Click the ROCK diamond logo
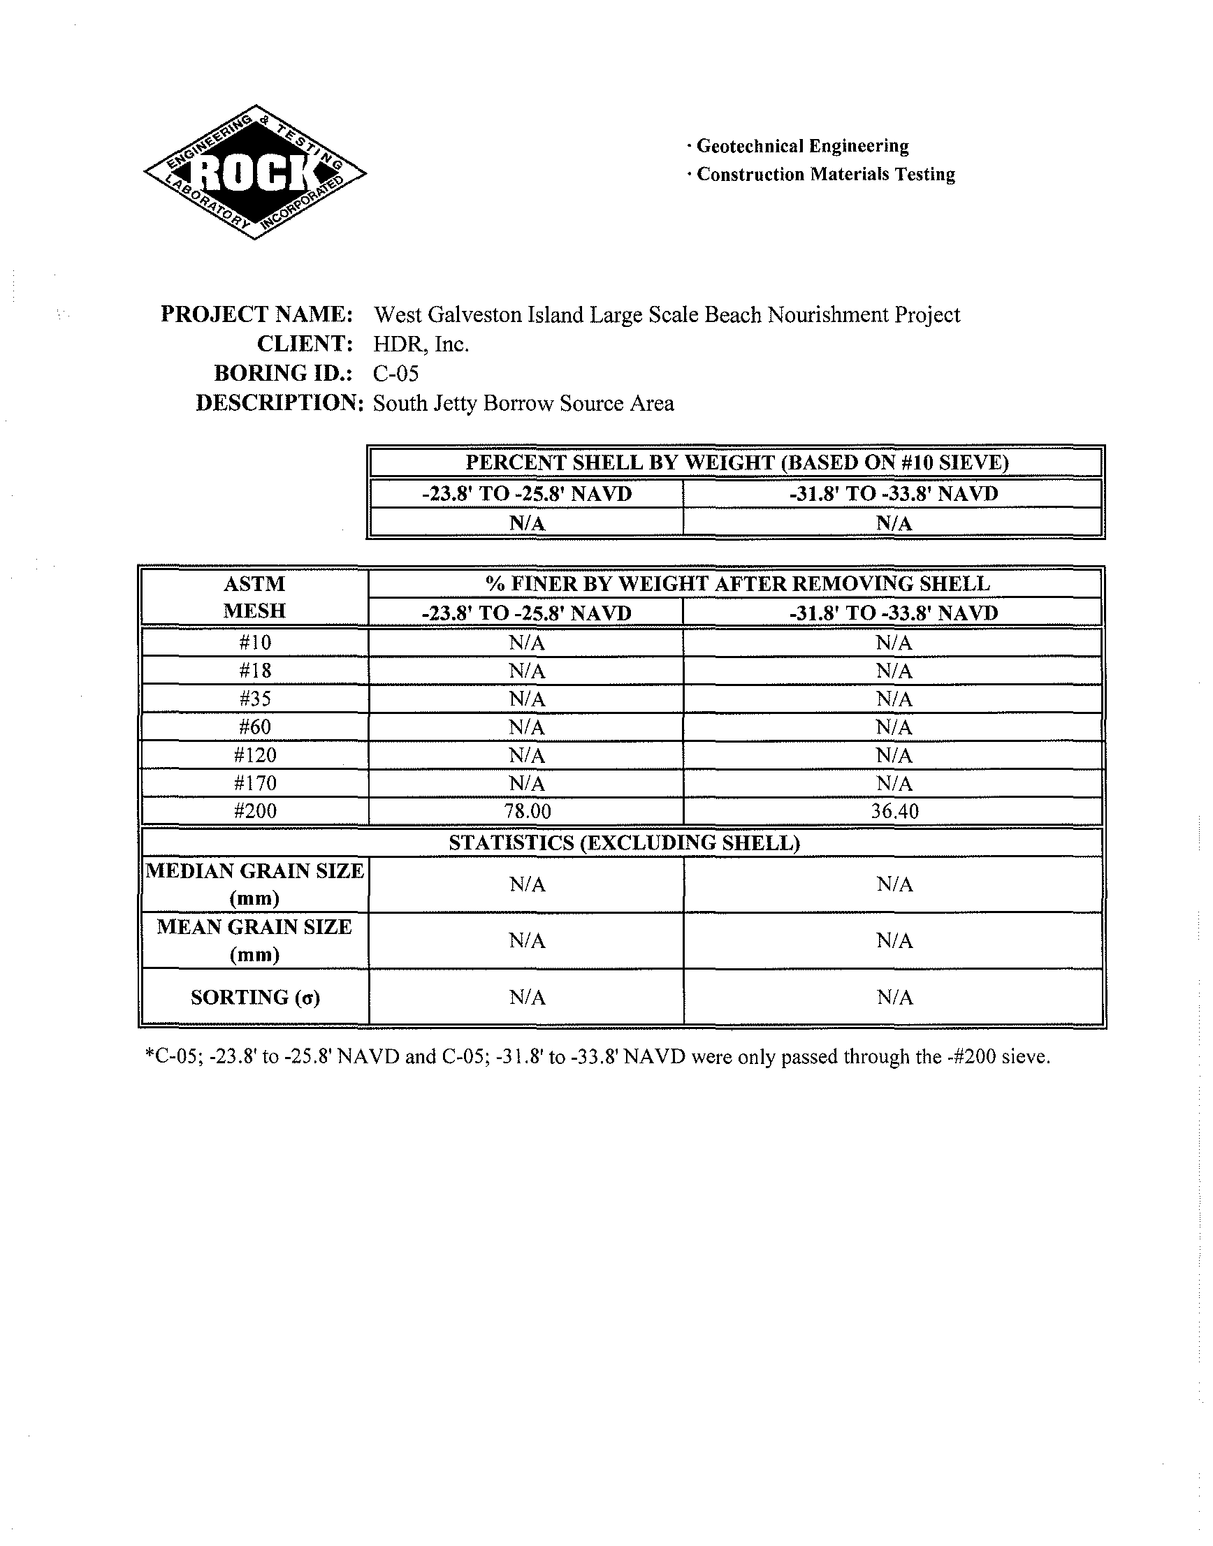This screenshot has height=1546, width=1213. point(255,172)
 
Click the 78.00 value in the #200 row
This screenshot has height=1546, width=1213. point(527,811)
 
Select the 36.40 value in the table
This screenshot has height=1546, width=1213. point(894,811)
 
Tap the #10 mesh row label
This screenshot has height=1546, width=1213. point(255,643)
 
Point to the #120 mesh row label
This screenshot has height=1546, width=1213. point(255,755)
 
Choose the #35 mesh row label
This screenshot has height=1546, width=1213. point(255,699)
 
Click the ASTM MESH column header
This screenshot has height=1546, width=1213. point(254,597)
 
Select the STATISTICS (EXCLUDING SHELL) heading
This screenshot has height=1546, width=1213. point(624,843)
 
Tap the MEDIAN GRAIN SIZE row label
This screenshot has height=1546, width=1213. point(254,884)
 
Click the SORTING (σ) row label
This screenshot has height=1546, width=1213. point(255,998)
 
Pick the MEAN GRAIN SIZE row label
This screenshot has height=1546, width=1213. point(254,940)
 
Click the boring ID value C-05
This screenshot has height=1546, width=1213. point(395,374)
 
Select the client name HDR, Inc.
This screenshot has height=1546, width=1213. point(421,344)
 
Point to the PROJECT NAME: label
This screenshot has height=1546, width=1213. point(256,314)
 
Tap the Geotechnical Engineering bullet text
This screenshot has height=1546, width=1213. point(802,146)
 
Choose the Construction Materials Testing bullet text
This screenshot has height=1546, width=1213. point(825,175)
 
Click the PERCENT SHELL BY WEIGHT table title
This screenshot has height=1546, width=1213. point(736,462)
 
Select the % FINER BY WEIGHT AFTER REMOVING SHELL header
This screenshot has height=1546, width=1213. point(737,584)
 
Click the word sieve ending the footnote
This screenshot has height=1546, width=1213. point(1028,1058)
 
